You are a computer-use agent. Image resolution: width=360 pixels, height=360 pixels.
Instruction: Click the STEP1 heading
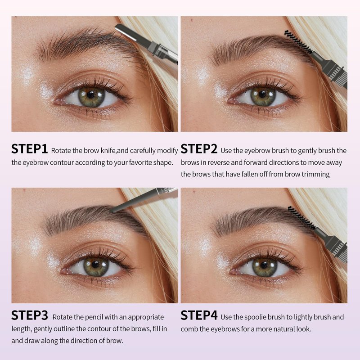29,149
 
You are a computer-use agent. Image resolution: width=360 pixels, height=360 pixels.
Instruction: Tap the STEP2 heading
199,149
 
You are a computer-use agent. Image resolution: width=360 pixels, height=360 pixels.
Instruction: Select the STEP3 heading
30,315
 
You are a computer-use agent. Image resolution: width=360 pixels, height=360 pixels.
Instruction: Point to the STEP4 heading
199,315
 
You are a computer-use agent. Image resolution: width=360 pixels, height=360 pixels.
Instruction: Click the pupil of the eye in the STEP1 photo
91,94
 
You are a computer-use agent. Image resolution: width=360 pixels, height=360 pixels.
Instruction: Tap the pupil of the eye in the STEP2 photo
262,94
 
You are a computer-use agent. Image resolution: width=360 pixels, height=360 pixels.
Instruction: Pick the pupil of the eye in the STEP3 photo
95,265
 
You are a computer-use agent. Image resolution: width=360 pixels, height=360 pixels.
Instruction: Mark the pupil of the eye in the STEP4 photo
264,265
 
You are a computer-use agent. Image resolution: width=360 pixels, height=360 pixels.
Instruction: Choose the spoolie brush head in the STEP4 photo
301,218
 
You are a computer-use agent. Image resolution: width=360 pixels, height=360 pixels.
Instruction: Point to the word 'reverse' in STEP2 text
218,162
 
